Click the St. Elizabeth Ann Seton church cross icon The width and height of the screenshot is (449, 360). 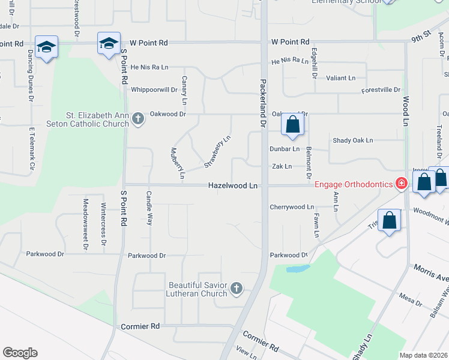(138, 118)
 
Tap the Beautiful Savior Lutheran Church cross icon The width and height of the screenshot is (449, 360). (237, 289)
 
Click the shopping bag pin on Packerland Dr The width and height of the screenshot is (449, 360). (293, 125)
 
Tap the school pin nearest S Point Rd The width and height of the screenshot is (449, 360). (109, 43)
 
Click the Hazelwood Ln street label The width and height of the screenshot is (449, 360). (233, 187)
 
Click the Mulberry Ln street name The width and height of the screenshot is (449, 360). (177, 163)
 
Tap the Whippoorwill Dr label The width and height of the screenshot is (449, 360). (154, 90)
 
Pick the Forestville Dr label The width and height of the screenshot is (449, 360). (381, 90)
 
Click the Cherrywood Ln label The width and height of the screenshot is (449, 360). (292, 207)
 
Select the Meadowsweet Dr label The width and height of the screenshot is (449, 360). (86, 224)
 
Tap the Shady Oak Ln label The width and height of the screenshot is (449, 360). (353, 140)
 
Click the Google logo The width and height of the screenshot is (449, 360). (20, 353)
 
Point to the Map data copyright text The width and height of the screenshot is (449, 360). (424, 355)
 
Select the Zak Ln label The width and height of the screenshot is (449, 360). (282, 166)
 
